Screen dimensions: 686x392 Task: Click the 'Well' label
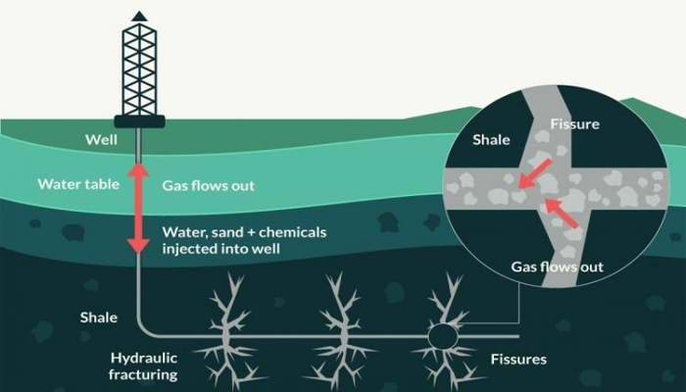coord(102,139)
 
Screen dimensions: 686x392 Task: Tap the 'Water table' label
coord(78,184)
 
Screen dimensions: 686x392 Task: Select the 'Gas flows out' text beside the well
coord(208,185)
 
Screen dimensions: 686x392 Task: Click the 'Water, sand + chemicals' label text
coord(244,232)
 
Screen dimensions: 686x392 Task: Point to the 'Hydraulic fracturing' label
coord(143,367)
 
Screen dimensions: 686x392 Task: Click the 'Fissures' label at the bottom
coord(518,360)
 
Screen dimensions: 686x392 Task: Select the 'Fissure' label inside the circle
coord(575,124)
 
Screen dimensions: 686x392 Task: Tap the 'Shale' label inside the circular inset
coord(491,140)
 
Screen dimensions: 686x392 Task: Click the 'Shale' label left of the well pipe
coord(99,318)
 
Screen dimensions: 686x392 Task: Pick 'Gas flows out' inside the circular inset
coord(557,267)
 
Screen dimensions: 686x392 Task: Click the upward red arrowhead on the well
coord(139,170)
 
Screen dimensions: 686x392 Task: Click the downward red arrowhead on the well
coord(139,246)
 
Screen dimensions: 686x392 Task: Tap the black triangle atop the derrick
coord(139,17)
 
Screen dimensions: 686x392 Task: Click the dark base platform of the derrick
coord(139,122)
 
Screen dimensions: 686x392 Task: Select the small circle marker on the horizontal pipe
coord(443,336)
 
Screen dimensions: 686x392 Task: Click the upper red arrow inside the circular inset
coord(535,173)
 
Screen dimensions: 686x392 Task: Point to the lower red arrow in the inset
coord(563,214)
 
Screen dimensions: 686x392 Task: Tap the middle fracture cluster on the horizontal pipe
coord(339,333)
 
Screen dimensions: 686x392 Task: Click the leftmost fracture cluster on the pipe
coord(227,333)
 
